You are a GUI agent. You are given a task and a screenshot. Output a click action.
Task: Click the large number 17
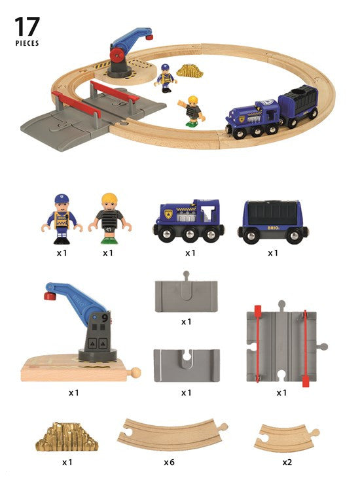click(x=27, y=27)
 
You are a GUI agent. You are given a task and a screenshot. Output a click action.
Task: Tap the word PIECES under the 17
click(x=27, y=43)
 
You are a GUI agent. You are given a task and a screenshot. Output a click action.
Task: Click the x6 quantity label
click(x=169, y=462)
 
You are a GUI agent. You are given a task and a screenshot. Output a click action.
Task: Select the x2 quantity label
click(x=287, y=462)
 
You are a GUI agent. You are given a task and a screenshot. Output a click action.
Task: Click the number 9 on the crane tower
click(x=105, y=318)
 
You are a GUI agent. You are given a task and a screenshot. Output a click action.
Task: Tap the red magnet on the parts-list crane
click(x=50, y=296)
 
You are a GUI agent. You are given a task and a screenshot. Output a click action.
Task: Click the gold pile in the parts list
click(x=67, y=436)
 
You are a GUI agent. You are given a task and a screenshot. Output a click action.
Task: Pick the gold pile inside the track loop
click(x=189, y=71)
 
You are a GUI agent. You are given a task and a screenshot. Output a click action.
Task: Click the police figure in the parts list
click(x=62, y=219)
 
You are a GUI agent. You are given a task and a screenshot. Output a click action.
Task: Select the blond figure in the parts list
click(x=110, y=218)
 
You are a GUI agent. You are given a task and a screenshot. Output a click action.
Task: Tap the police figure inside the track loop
click(x=166, y=78)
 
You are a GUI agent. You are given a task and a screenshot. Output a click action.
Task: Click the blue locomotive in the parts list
click(x=189, y=220)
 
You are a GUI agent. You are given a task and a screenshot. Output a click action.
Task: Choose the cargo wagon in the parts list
click(x=273, y=222)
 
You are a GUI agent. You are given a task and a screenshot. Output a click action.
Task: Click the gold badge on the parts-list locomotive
click(x=168, y=214)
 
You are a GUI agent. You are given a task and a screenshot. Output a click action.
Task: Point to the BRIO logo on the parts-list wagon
click(x=273, y=228)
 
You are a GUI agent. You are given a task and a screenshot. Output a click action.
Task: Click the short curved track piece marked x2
click(x=286, y=437)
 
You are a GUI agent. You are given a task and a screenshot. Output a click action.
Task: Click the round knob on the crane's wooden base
click(x=135, y=372)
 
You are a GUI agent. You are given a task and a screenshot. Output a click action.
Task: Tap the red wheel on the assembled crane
click(x=117, y=56)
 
